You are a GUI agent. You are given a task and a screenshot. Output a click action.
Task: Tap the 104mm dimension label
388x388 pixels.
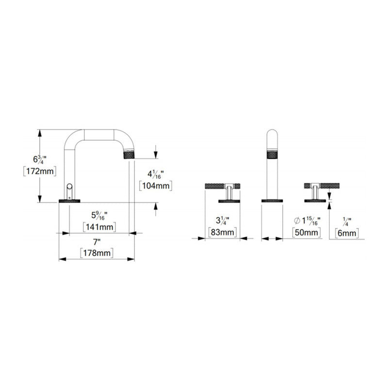tap(155, 185)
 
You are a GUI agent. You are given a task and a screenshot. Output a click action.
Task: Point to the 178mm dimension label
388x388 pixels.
tap(97, 253)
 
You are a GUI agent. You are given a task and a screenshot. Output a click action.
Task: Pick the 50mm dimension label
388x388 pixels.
tap(307, 233)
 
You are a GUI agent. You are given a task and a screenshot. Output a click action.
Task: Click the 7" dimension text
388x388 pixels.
tap(97, 242)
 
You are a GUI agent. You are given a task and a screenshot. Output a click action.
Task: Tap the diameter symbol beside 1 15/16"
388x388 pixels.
tap(296, 221)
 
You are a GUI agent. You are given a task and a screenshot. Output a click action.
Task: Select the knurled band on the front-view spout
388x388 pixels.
tap(272, 156)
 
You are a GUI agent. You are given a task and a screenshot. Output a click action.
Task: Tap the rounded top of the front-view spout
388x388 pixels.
tap(272, 133)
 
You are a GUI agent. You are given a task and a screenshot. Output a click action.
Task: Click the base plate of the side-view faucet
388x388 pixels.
tap(70, 200)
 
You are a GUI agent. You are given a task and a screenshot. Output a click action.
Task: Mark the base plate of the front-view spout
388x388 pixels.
tap(272, 200)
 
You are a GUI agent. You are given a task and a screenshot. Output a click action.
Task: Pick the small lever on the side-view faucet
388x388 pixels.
tap(70, 188)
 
